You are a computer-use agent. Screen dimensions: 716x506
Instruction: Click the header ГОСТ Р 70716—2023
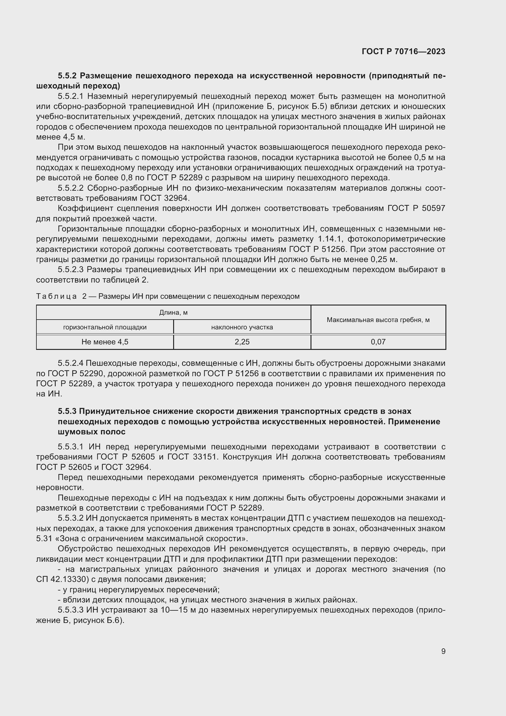point(404,51)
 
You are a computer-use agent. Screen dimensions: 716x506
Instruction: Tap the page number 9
point(443,651)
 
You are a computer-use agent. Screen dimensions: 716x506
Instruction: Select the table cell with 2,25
point(242,342)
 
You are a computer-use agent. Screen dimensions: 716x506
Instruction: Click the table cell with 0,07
point(378,342)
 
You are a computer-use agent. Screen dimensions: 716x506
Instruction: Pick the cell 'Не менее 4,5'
point(105,342)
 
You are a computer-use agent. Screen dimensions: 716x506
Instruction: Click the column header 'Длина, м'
point(173,313)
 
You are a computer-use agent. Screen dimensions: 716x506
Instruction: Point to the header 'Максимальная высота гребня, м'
point(378,320)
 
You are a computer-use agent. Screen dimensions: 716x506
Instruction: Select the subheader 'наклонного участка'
point(242,327)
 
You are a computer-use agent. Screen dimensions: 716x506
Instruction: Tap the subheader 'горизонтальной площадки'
point(105,327)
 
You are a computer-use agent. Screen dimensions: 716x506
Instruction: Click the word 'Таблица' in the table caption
point(56,296)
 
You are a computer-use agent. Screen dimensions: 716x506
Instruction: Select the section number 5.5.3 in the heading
point(67,411)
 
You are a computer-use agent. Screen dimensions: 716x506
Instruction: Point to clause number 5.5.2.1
point(70,96)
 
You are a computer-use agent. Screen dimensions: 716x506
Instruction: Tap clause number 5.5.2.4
point(70,363)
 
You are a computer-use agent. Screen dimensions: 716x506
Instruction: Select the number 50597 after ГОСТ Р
point(433,208)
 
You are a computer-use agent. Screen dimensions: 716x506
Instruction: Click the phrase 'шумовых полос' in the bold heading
point(91,432)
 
